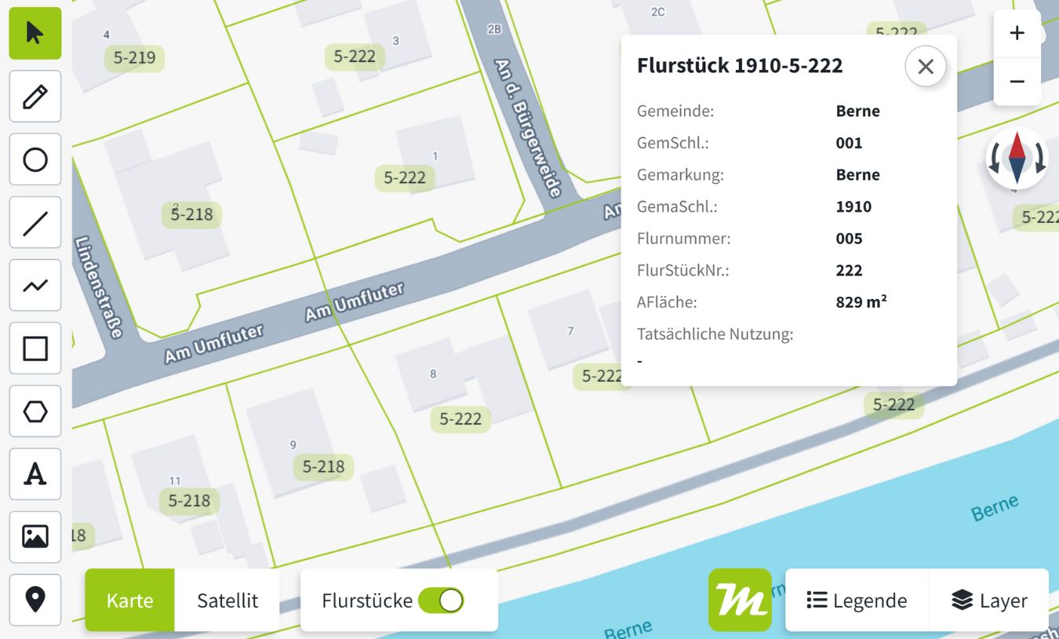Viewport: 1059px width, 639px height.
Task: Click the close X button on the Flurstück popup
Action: click(x=925, y=67)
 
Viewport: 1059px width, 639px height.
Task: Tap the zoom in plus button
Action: click(x=1017, y=34)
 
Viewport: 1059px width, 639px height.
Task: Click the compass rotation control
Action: click(x=1017, y=158)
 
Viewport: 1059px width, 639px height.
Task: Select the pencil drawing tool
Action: click(x=35, y=97)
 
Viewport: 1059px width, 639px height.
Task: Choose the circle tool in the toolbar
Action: click(x=35, y=159)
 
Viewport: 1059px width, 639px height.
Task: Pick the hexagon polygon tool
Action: click(x=35, y=411)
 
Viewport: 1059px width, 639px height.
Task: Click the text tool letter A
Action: click(x=35, y=474)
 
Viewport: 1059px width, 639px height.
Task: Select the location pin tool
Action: click(x=35, y=600)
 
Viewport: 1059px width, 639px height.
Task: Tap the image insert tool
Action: click(x=35, y=537)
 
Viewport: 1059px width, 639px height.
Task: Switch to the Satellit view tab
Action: click(x=227, y=601)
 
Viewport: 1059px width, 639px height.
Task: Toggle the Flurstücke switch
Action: click(x=441, y=601)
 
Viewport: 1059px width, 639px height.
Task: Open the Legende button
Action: click(x=857, y=601)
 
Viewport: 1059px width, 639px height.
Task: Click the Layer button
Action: click(x=989, y=601)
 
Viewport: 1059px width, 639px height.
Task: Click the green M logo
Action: click(x=740, y=601)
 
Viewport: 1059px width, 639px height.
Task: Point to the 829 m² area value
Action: click(x=861, y=301)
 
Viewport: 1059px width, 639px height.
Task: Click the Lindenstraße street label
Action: click(x=99, y=287)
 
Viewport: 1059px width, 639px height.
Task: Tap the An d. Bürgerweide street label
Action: click(x=528, y=127)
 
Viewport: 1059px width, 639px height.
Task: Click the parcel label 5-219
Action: click(x=134, y=57)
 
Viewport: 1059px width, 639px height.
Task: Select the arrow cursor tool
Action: click(x=35, y=34)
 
